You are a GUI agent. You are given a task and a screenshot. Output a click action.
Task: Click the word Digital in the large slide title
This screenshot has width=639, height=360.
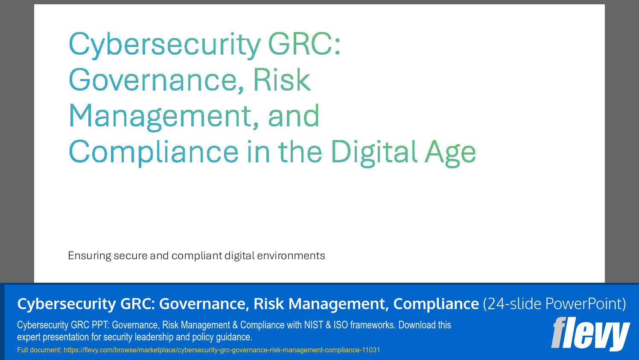[x=373, y=152]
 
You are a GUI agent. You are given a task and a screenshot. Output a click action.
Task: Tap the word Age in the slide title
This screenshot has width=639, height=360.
[x=450, y=152]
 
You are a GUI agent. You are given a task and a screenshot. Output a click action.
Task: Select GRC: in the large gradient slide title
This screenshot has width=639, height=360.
[x=304, y=44]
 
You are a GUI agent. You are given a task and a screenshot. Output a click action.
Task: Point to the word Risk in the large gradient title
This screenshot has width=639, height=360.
[x=282, y=80]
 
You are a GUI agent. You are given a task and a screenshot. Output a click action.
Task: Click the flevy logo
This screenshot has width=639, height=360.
[x=590, y=334]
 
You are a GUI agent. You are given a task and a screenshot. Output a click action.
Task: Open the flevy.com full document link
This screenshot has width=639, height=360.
[x=222, y=350]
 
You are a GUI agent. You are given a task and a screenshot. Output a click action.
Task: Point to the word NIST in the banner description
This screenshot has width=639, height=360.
[x=313, y=325]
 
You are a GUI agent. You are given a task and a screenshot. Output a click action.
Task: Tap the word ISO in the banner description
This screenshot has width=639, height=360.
[x=341, y=325]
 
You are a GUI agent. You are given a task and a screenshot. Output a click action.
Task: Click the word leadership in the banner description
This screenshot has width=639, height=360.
[x=153, y=337]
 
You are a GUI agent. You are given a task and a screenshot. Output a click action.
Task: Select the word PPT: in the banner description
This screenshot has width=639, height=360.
[x=100, y=325]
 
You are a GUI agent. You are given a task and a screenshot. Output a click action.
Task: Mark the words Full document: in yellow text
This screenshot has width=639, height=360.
[x=39, y=350]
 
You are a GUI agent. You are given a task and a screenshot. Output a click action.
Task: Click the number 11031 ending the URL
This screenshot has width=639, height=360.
[x=371, y=350]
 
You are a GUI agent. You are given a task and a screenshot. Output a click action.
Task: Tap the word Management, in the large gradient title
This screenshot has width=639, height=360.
[x=164, y=116]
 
